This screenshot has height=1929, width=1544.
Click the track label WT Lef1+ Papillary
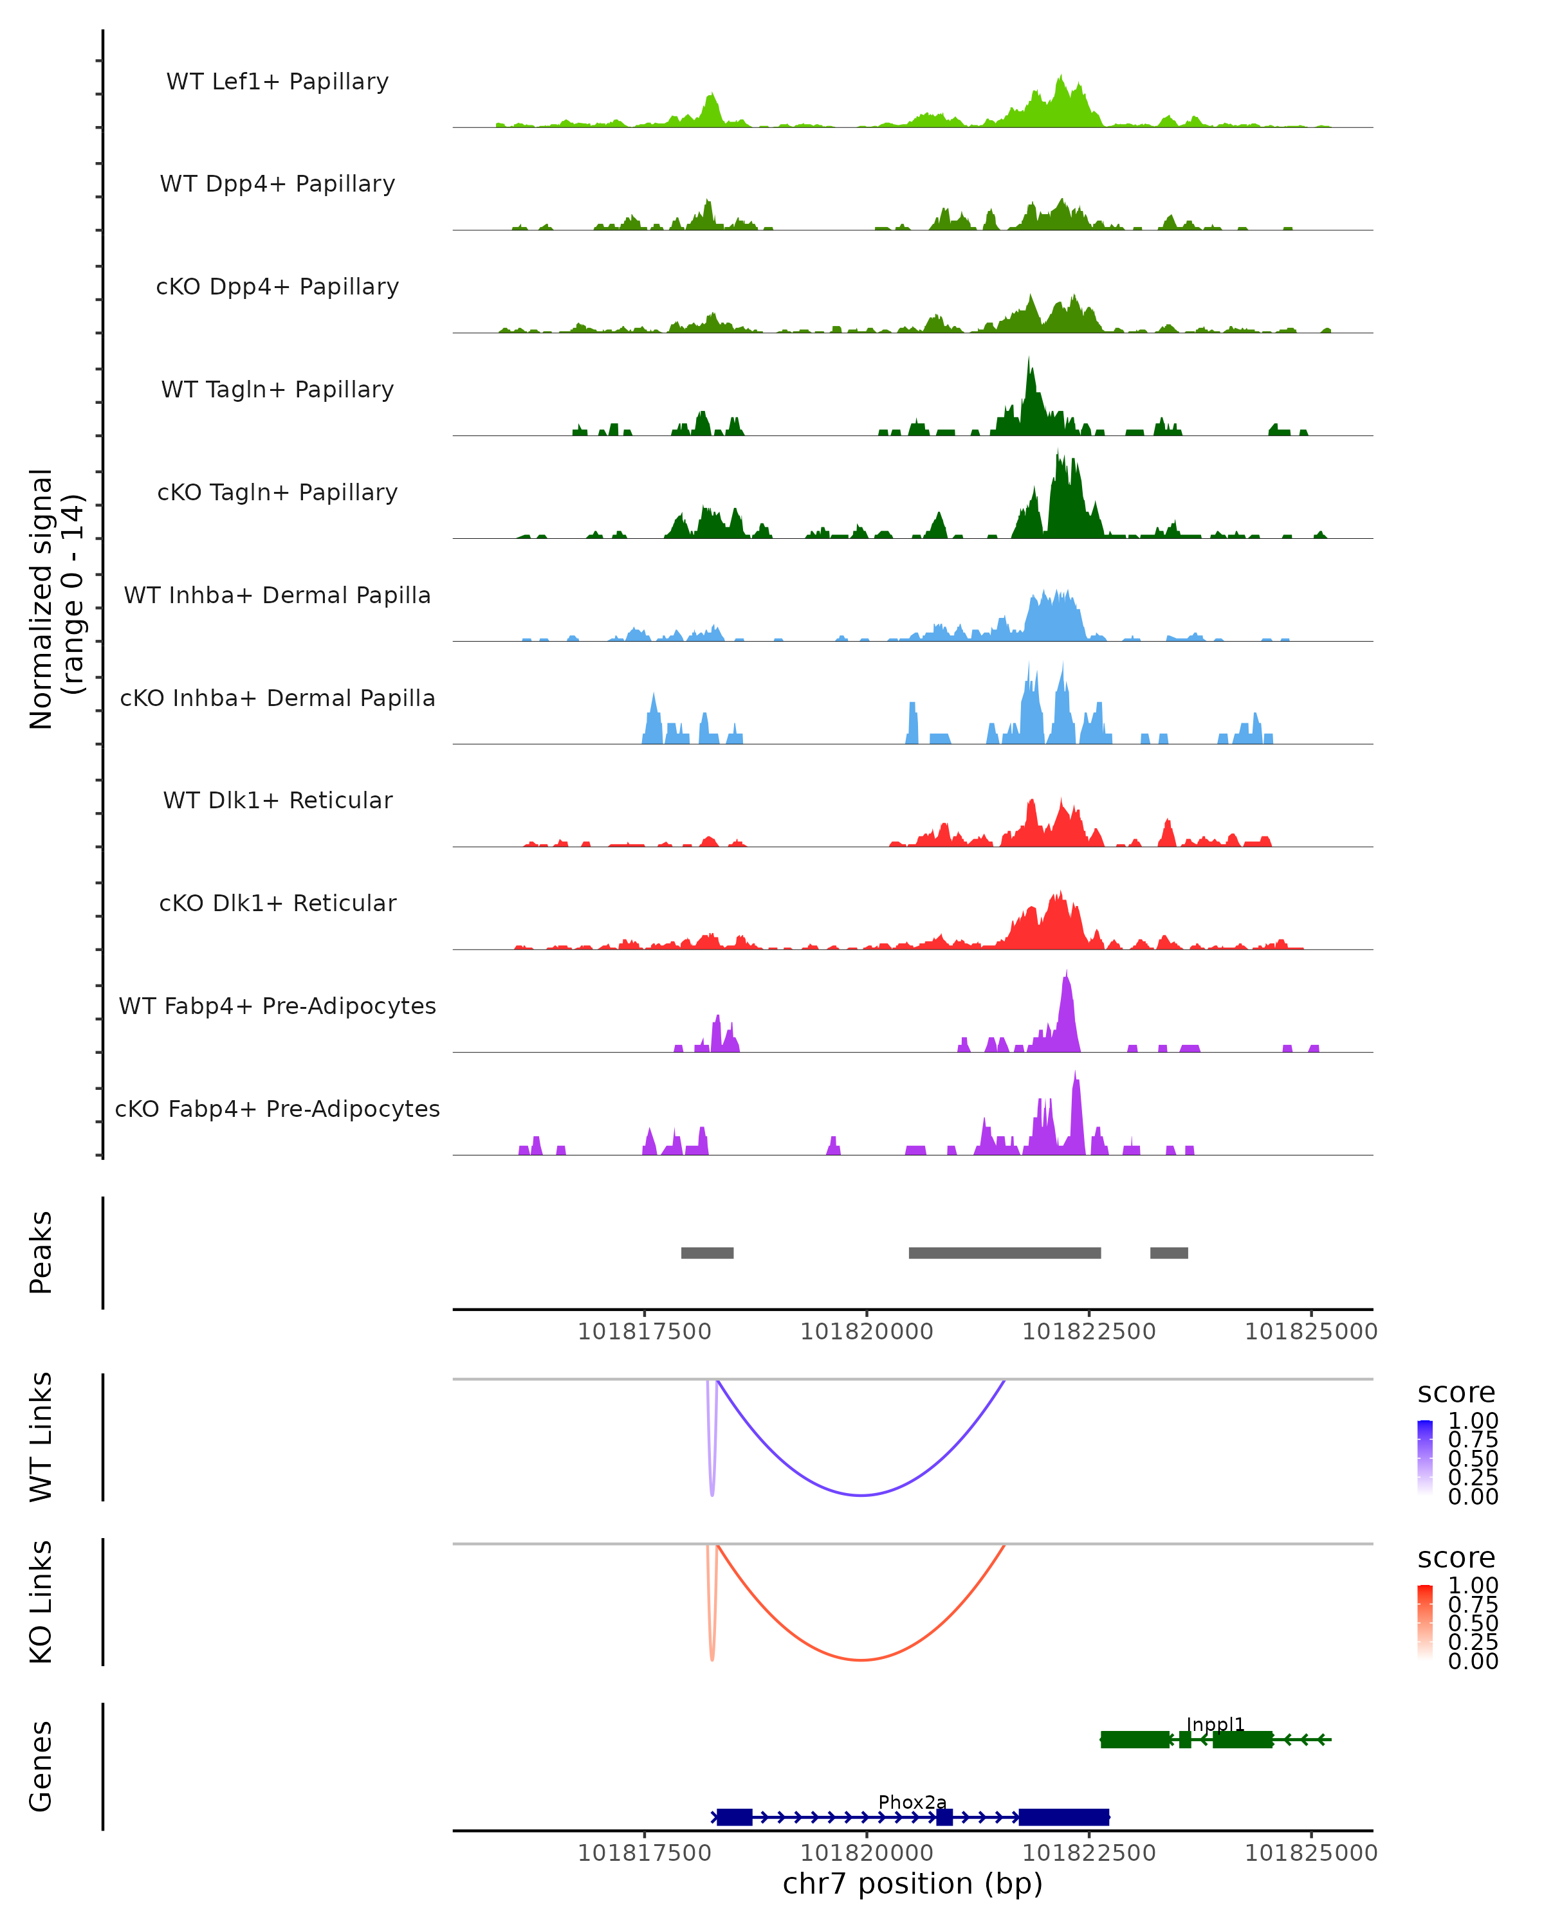(277, 82)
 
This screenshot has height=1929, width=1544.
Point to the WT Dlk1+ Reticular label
(277, 800)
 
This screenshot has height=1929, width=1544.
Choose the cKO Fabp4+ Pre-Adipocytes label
(277, 1109)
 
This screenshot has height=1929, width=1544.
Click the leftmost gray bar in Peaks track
(707, 1253)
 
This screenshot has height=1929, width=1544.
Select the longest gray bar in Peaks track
(1004, 1253)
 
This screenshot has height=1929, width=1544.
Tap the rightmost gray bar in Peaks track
(1169, 1253)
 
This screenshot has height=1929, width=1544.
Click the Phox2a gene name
(912, 1802)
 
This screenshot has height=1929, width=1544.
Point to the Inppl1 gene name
(1215, 1724)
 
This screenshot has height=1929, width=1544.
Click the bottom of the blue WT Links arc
(861, 1495)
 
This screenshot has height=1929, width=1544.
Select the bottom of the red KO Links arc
(861, 1660)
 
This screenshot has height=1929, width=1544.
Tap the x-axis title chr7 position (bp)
(912, 1883)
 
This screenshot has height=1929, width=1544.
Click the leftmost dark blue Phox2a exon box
(734, 1817)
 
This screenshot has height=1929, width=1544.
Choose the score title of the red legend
(1455, 1558)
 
